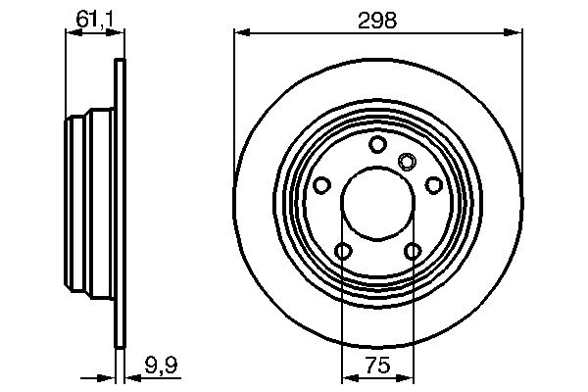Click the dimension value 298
pos(377,20)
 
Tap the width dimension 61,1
pos(94,18)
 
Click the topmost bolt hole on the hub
pos(377,145)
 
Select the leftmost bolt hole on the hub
pos(321,185)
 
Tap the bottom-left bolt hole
pos(342,252)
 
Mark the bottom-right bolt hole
pos(413,252)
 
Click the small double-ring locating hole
pos(408,161)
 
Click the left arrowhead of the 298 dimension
pos(240,33)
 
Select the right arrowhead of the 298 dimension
pos(514,33)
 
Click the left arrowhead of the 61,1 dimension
pos(72,33)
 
